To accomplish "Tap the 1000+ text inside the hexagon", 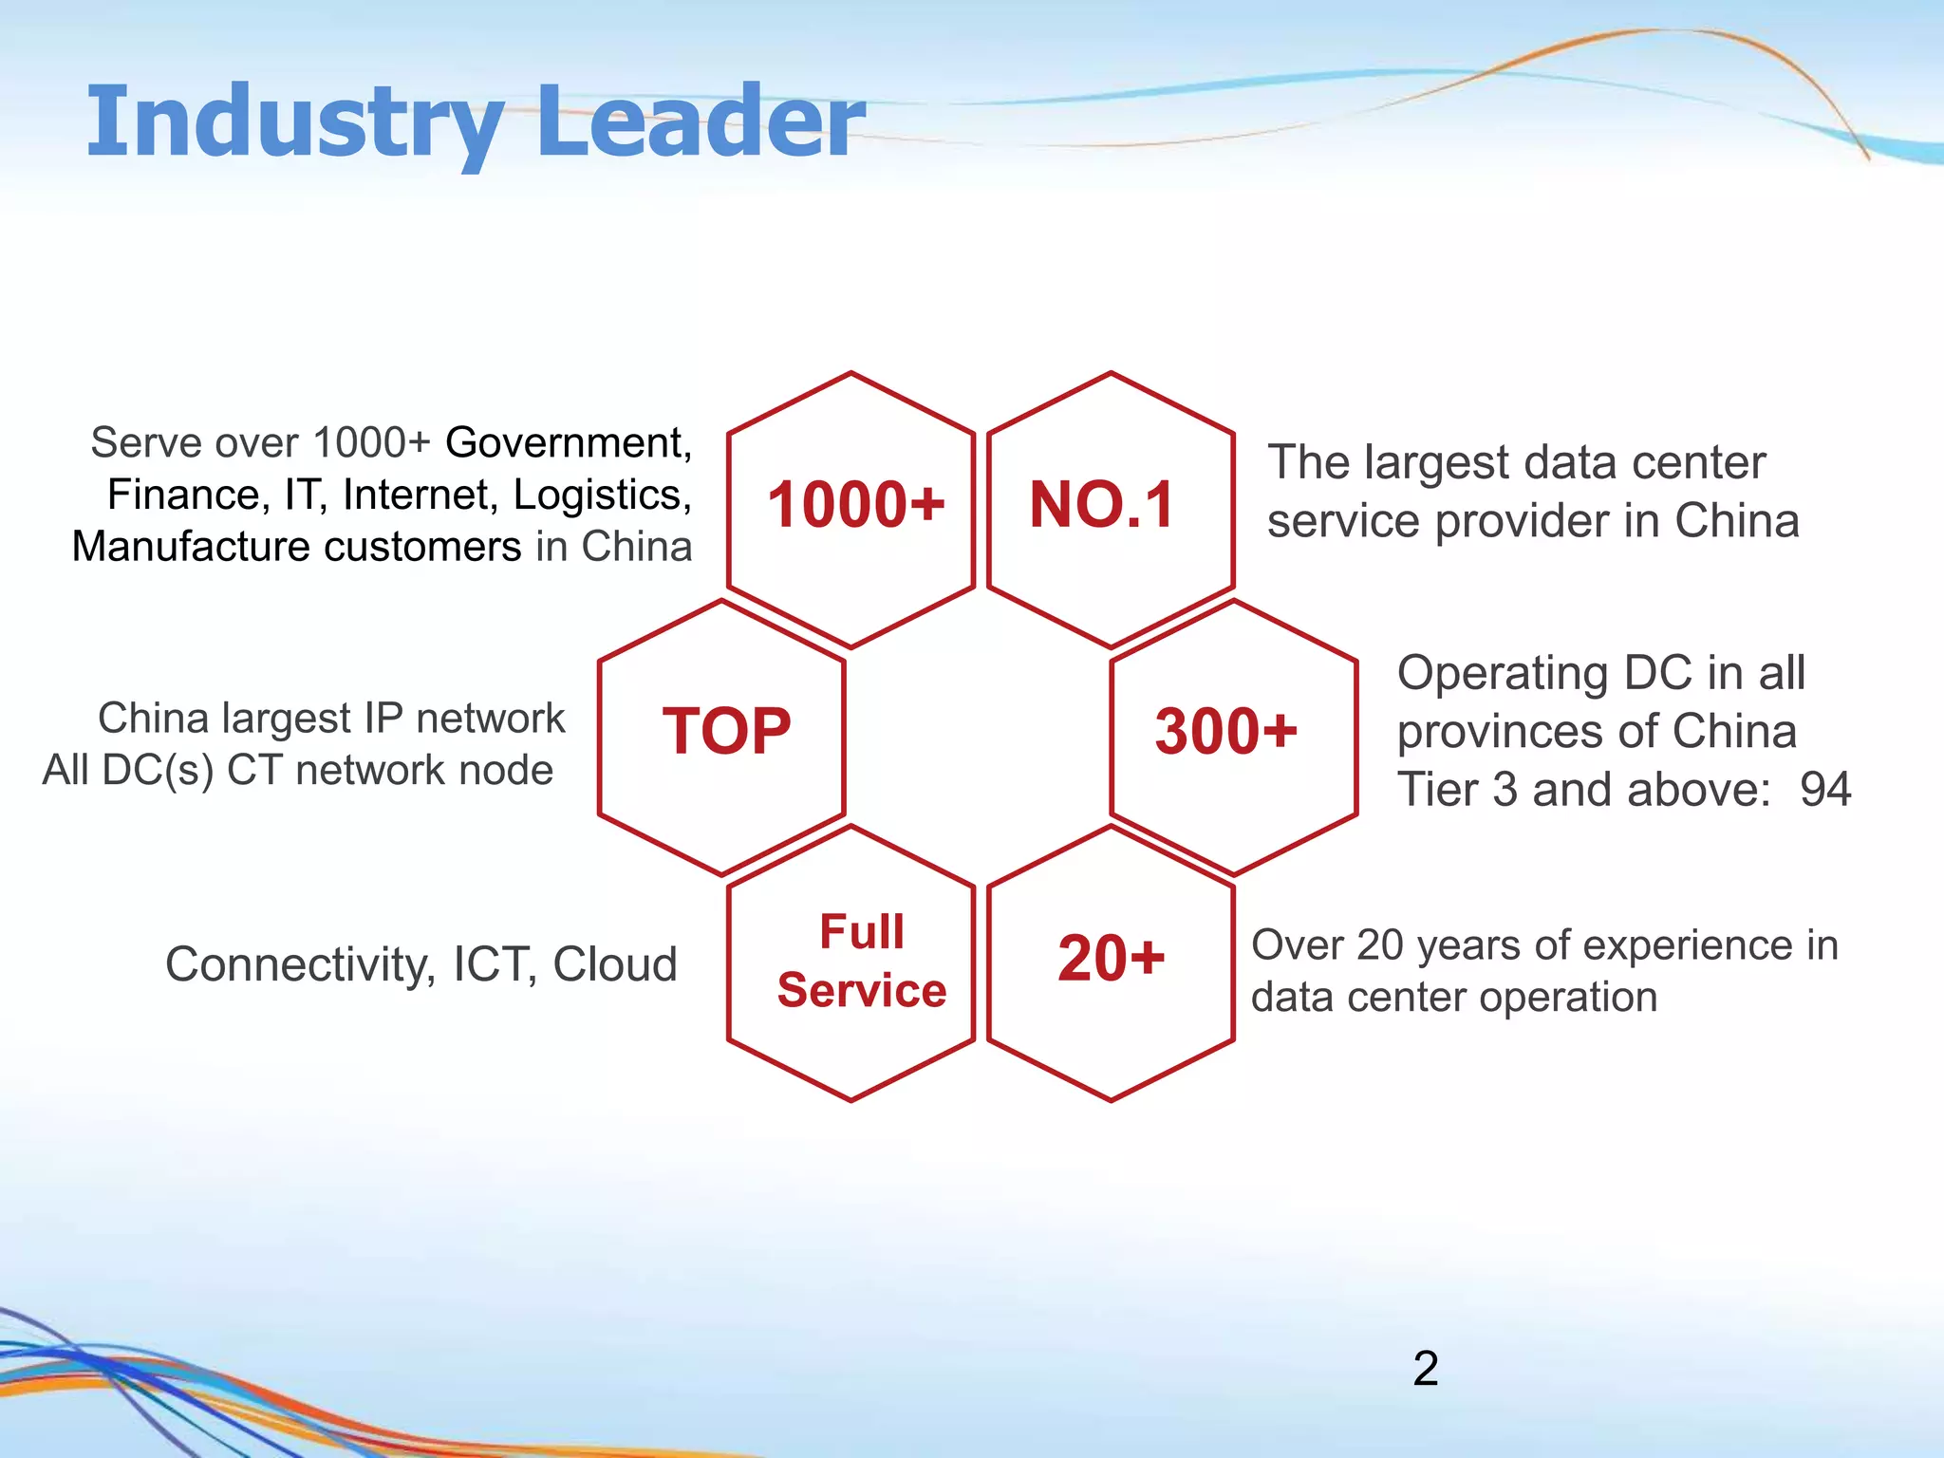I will click(855, 504).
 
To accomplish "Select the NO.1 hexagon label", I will click(1102, 504).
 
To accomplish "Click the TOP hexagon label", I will click(726, 731).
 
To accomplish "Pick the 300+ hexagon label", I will click(1225, 731).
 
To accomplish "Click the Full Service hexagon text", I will click(861, 961).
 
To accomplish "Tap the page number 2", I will click(1425, 1369).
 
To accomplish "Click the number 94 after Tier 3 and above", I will click(1824, 790).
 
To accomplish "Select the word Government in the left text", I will click(567, 443).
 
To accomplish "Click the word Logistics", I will click(601, 495).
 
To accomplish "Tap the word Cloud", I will click(615, 964).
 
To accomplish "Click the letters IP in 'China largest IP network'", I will click(383, 719).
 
